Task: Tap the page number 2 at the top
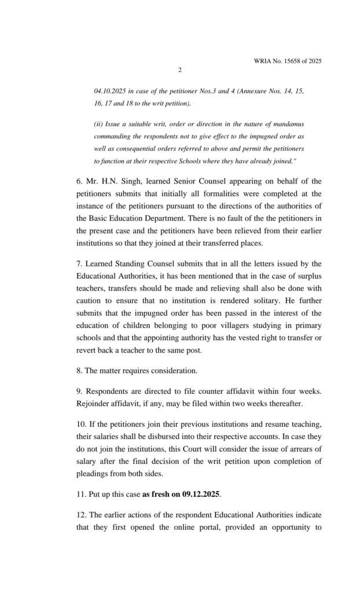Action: tap(180, 71)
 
